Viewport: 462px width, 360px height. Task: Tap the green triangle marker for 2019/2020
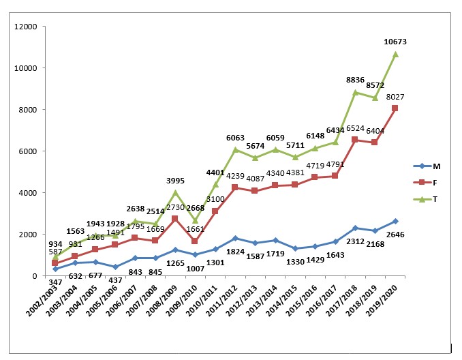[395, 54]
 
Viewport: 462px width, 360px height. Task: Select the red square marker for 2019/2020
[395, 108]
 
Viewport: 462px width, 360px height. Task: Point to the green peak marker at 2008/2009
[175, 193]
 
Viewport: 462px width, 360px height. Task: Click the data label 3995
[175, 181]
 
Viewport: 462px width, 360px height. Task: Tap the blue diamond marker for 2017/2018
[355, 228]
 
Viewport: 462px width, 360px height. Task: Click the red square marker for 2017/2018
[355, 140]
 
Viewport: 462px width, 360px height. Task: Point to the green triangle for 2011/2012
[235, 149]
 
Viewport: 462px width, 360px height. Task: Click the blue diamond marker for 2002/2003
[55, 269]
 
